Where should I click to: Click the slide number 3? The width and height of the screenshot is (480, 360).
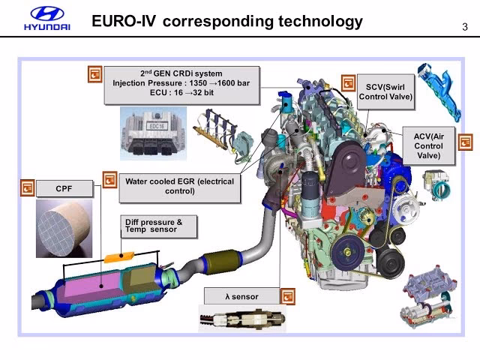click(x=465, y=28)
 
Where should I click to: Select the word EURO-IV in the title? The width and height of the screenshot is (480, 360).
click(x=123, y=21)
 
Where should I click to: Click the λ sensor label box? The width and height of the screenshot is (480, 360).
click(x=241, y=296)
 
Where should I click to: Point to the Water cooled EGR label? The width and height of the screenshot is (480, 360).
click(x=180, y=186)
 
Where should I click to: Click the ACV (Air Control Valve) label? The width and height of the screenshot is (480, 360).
click(x=428, y=146)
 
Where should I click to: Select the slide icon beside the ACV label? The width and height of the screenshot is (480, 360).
click(x=465, y=141)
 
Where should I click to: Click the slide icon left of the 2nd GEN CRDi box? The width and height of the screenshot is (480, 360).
click(x=94, y=74)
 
